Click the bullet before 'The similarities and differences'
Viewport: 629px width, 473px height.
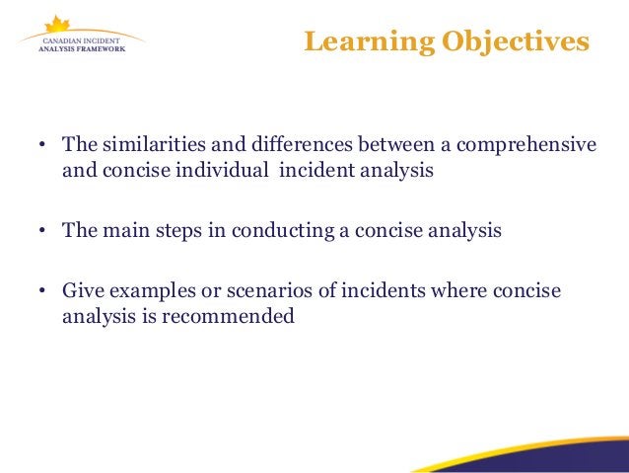tap(43, 146)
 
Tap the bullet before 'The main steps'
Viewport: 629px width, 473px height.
tap(43, 232)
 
